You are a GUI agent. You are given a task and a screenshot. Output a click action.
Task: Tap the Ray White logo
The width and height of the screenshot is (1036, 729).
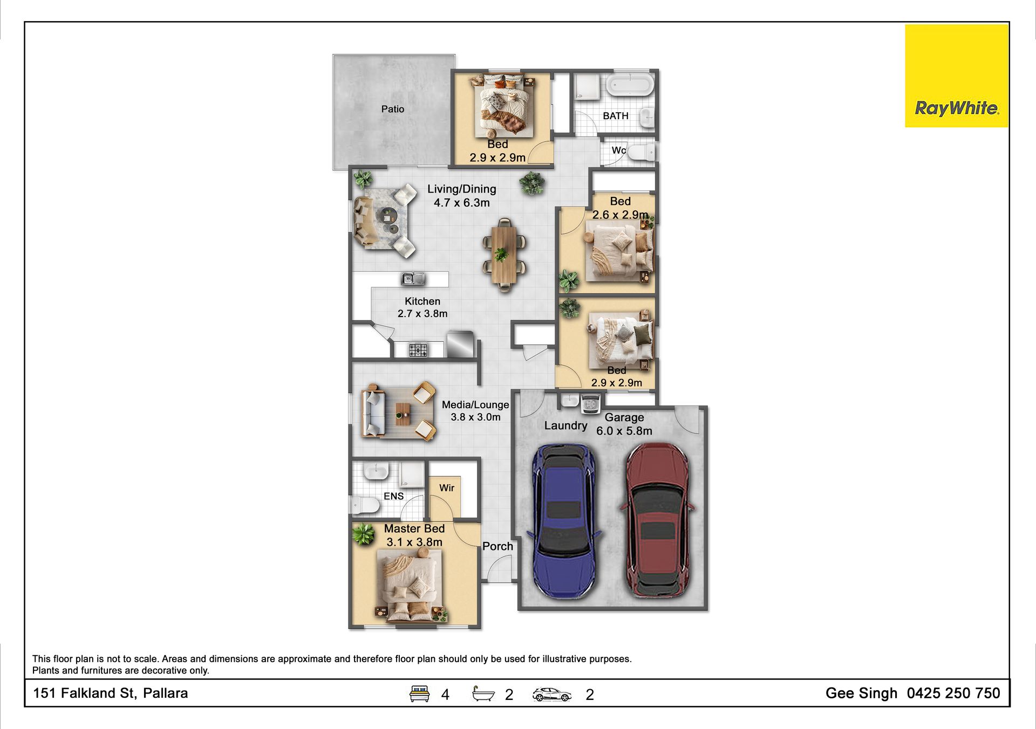click(956, 76)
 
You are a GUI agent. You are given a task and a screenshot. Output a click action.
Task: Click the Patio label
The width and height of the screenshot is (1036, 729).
click(392, 109)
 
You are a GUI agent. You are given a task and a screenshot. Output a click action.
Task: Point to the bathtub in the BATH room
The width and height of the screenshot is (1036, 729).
click(630, 85)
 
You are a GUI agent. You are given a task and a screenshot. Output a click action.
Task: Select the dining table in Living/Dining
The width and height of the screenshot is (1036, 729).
click(504, 255)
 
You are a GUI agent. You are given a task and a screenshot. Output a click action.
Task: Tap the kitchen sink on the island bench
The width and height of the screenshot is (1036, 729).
click(413, 278)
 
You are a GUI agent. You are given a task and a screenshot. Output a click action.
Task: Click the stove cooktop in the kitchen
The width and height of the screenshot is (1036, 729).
click(418, 350)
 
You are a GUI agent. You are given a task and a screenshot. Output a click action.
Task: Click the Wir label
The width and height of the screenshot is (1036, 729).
click(447, 488)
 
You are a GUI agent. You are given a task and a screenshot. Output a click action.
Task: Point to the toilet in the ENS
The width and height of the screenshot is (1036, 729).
click(365, 505)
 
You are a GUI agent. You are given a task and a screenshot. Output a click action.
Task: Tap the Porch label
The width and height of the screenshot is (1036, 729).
click(497, 546)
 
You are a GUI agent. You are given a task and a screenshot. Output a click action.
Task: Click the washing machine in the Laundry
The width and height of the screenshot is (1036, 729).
click(591, 403)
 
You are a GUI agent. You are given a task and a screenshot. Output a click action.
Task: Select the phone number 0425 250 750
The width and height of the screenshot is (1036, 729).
click(953, 693)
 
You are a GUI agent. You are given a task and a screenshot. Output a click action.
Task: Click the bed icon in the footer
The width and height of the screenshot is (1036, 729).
click(419, 693)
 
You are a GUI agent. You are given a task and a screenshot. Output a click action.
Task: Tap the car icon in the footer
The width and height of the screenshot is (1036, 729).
click(551, 694)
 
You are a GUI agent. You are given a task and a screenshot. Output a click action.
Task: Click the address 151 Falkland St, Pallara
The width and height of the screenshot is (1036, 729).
click(111, 693)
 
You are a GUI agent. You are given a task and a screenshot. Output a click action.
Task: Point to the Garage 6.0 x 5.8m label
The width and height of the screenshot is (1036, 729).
click(624, 424)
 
